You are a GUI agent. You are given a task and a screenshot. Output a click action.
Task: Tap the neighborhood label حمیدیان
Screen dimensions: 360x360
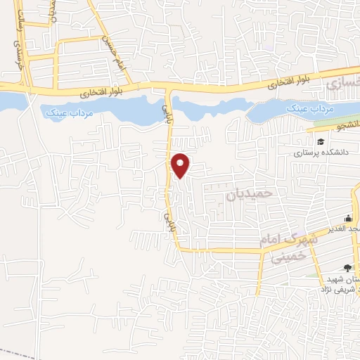[x=248, y=193]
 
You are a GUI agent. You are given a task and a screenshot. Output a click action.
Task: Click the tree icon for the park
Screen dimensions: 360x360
[x=347, y=266]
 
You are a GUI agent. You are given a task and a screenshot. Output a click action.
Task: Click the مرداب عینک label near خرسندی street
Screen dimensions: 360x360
[x=64, y=112]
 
